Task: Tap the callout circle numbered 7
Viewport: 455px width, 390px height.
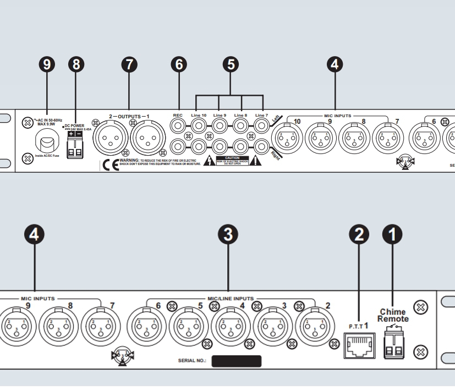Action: point(129,65)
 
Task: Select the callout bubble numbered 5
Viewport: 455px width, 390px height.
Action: point(231,65)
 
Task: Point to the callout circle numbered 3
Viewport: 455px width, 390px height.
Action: point(228,235)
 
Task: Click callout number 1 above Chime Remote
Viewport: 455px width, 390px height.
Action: point(392,235)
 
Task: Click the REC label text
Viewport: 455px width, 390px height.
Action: point(178,115)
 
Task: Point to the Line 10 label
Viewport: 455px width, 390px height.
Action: point(198,115)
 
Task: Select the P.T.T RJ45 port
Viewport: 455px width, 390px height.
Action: point(359,343)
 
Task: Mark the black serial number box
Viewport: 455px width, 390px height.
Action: point(236,361)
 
